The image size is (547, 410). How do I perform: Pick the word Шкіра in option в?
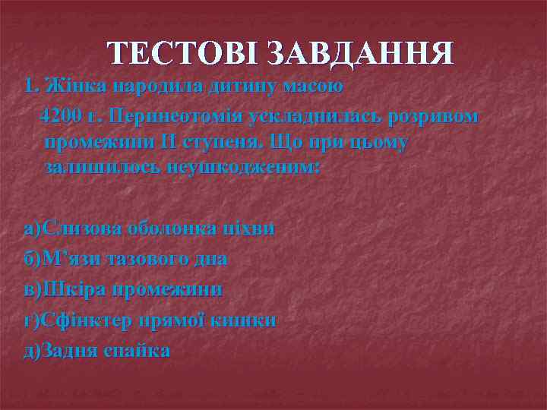click(73, 289)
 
